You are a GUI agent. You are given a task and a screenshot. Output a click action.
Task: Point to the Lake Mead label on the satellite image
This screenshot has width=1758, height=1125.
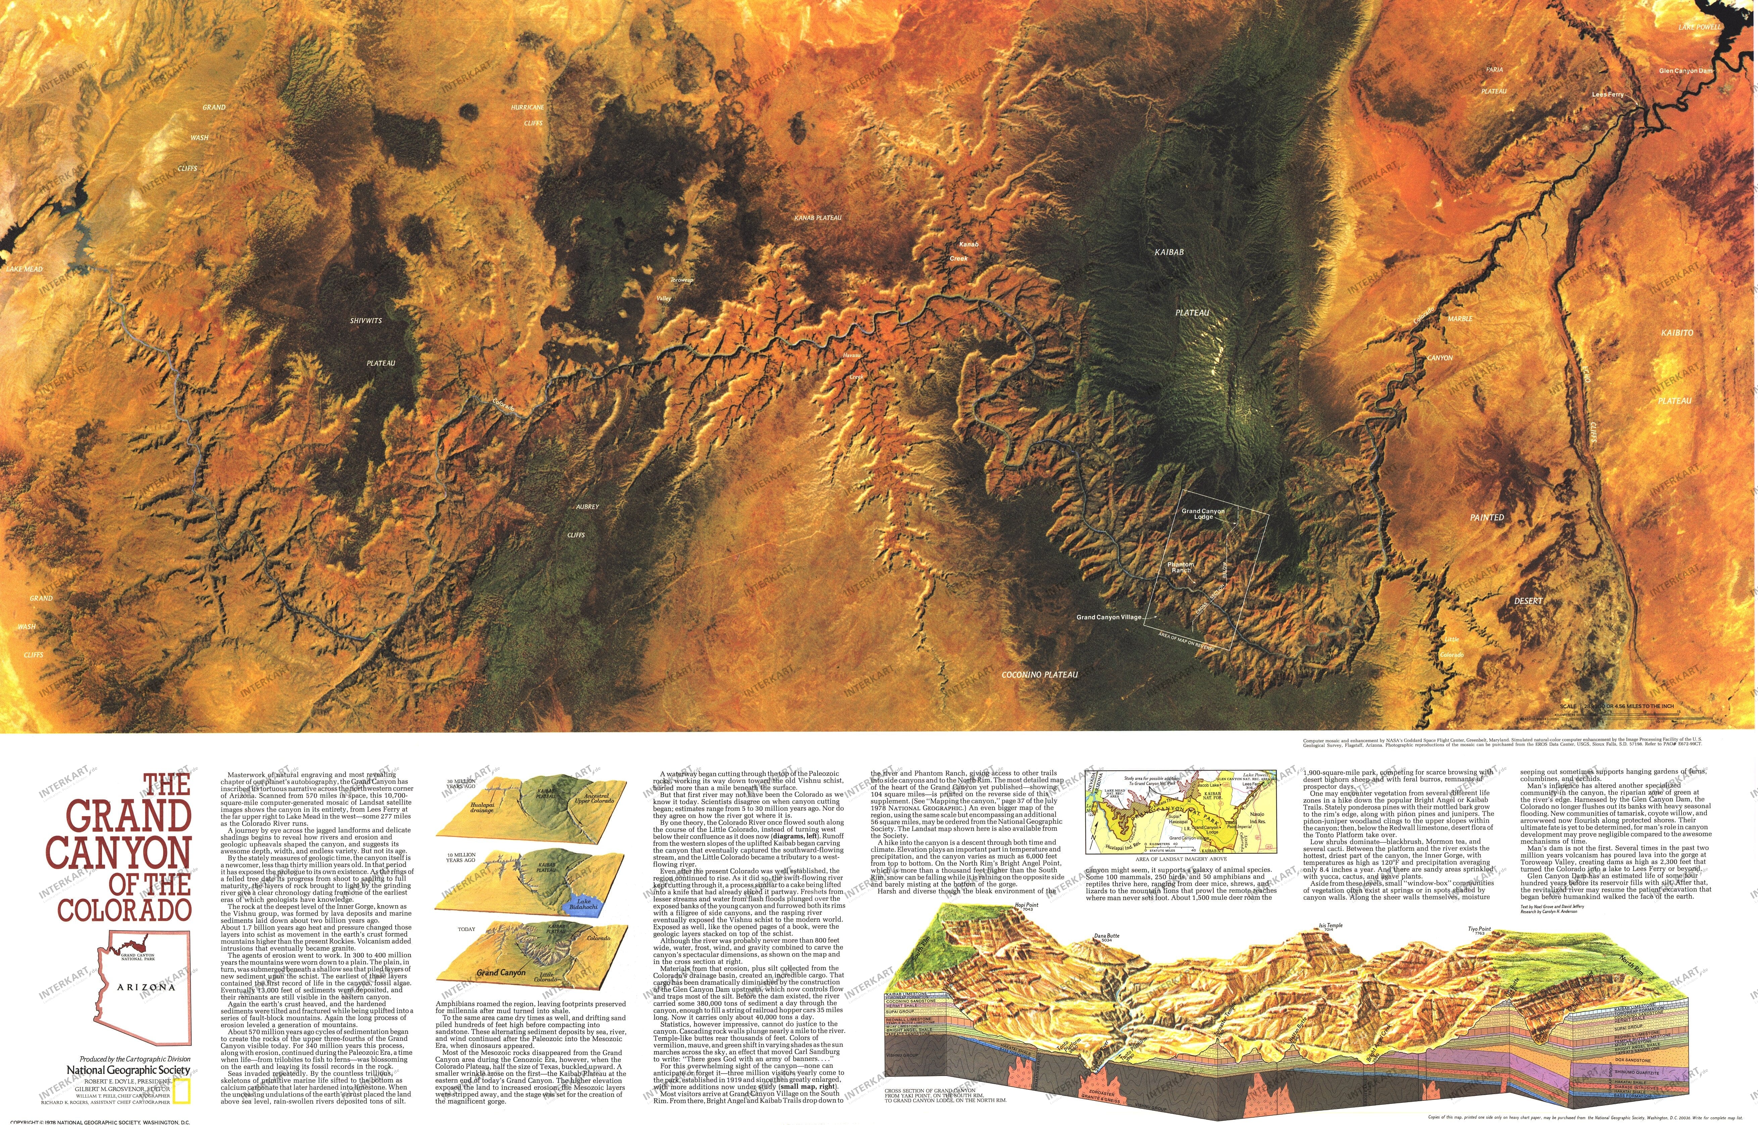24,269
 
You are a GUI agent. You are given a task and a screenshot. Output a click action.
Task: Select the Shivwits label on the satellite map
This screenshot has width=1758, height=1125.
365,321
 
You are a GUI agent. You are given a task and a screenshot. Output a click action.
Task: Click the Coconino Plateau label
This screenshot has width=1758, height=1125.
1039,674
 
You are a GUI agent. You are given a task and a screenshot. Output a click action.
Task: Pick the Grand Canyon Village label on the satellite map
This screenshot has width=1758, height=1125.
1108,617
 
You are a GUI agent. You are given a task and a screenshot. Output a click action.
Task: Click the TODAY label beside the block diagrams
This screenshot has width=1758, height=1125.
466,929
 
